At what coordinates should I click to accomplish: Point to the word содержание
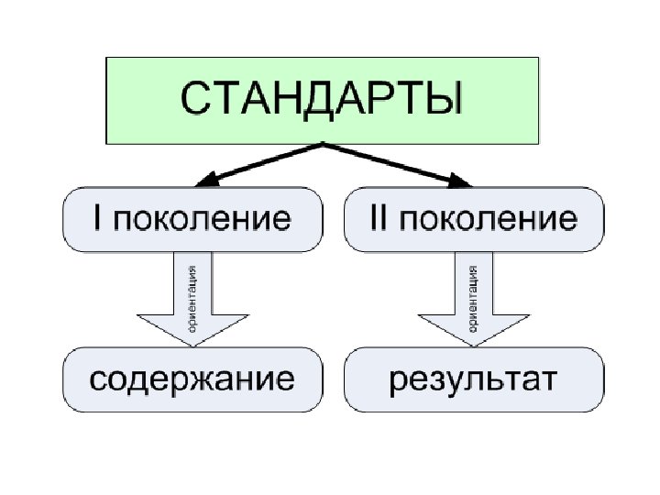[192, 378]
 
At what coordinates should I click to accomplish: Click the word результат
[474, 379]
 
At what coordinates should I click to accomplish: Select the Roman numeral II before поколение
[373, 219]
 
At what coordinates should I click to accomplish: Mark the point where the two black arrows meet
[323, 144]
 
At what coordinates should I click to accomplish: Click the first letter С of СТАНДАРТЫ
[193, 99]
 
